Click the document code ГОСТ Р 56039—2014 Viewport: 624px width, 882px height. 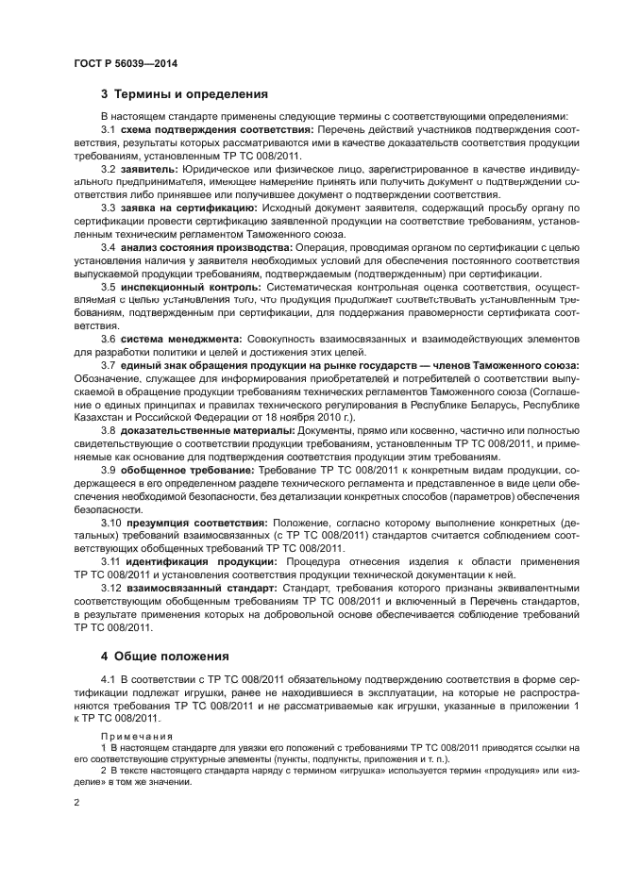[126, 64]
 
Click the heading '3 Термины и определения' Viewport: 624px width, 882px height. [185, 94]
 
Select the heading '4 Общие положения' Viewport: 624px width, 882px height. [169, 654]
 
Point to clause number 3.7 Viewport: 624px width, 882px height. [108, 364]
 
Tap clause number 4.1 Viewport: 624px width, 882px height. [108, 679]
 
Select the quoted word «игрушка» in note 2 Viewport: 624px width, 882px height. [353, 771]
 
